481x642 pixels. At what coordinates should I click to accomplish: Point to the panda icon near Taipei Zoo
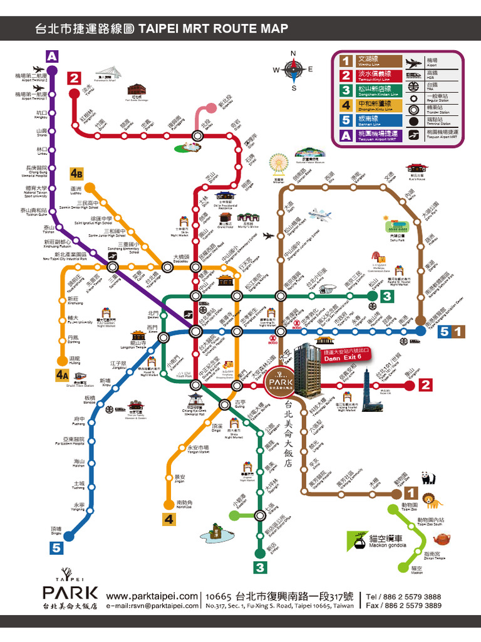click(x=428, y=478)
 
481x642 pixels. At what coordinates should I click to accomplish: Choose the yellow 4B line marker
click(x=77, y=173)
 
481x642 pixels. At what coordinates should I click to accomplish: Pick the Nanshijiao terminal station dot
click(x=168, y=504)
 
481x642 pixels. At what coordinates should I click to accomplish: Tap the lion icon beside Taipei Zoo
click(x=431, y=500)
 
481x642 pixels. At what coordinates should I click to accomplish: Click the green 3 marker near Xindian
click(x=259, y=568)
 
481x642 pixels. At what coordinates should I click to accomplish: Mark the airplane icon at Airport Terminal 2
click(x=38, y=70)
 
